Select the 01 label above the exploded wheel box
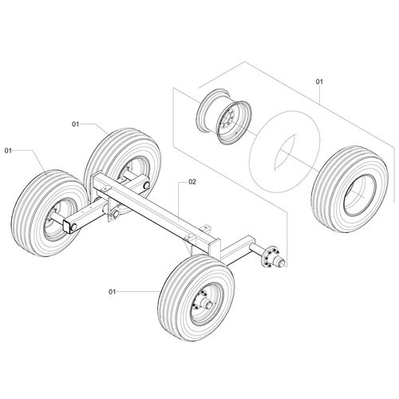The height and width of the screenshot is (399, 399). (x=320, y=82)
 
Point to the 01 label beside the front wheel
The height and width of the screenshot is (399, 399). (x=111, y=293)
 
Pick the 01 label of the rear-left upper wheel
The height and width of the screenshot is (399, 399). (x=77, y=124)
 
